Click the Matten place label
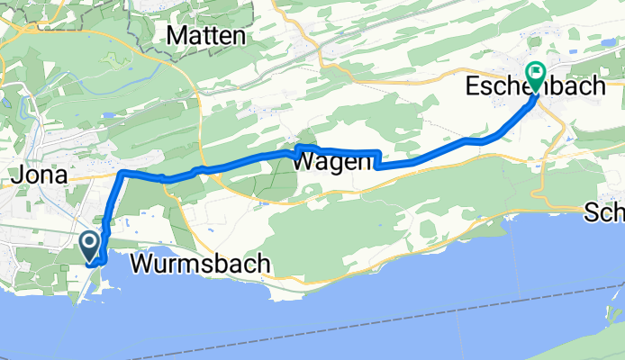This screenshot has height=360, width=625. point(207,36)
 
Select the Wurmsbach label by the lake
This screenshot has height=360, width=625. point(201,265)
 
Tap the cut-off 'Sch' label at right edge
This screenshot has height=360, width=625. point(604,213)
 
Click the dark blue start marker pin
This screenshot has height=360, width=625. point(90,244)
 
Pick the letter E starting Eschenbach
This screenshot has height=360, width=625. point(473,87)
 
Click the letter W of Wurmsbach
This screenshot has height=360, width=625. point(142,265)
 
